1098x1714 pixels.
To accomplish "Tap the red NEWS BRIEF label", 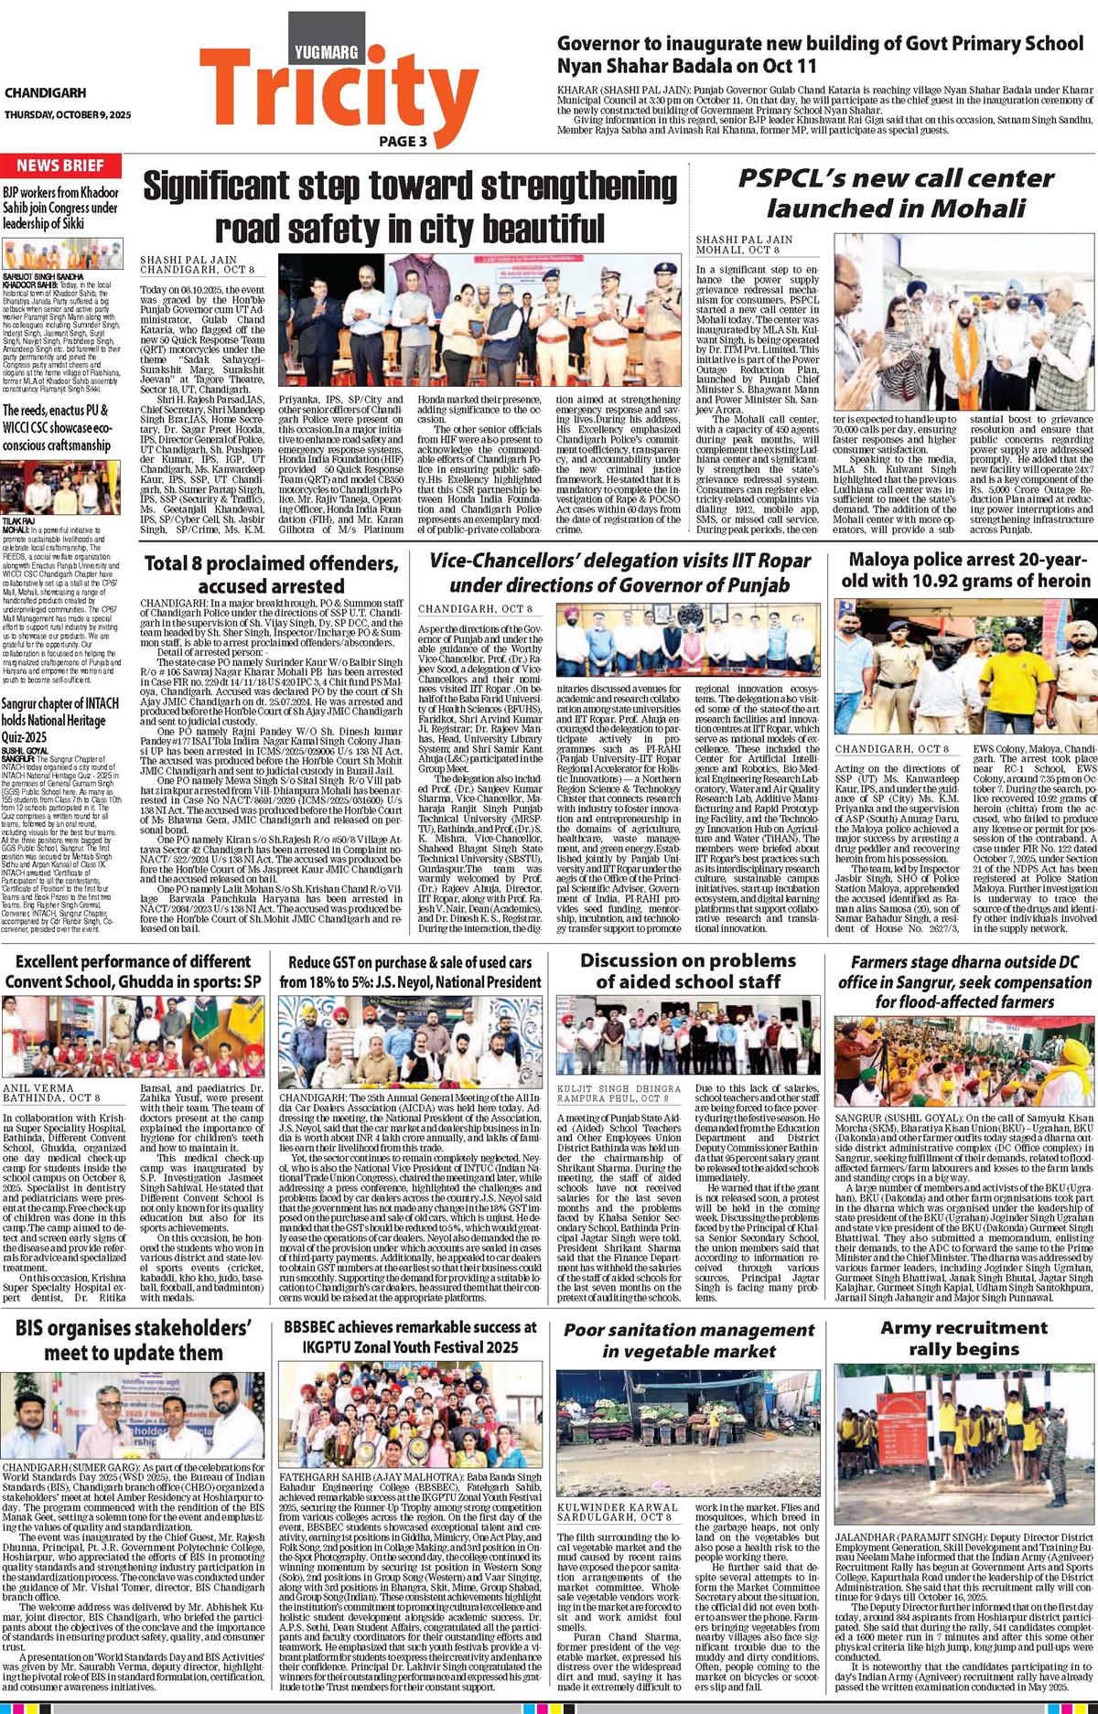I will coord(60,166).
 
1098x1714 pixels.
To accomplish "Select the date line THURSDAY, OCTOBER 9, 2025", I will coord(68,114).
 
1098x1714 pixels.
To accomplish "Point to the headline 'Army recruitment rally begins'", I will coord(963,1338).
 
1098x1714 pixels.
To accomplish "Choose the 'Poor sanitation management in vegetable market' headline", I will coord(688,1340).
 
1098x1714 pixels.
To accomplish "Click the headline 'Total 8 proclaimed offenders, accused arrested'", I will coord(271,573).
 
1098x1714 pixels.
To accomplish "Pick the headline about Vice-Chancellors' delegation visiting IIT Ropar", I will coord(620,572).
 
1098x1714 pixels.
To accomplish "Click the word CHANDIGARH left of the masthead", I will coord(45,93).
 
